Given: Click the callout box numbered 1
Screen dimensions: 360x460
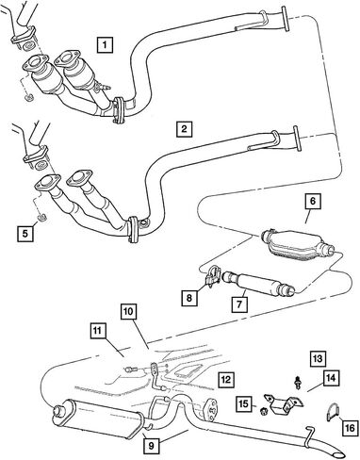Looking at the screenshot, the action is coord(105,44).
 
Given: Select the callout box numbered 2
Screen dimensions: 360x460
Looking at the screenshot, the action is coord(184,128).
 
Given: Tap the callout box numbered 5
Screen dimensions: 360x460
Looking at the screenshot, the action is coord(25,233).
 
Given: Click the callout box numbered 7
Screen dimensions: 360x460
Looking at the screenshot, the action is coord(239,304).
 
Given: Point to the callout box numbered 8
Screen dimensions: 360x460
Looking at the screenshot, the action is coord(189,297).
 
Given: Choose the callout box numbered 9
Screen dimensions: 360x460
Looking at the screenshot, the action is coord(152,446).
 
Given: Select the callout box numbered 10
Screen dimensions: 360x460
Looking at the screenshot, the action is coord(129,312).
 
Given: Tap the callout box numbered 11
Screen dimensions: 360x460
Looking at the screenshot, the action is coord(98,332).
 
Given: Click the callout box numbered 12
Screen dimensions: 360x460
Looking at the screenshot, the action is coord(226,379).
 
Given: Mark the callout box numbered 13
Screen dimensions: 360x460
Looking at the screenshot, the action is coord(319,359).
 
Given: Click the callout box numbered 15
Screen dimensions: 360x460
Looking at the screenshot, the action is coord(244,403).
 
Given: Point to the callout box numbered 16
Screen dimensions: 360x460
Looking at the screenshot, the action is coord(350,428).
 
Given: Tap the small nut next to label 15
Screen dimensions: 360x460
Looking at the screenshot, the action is coord(263,410).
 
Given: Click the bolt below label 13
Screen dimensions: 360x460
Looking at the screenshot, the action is coord(297,383).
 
